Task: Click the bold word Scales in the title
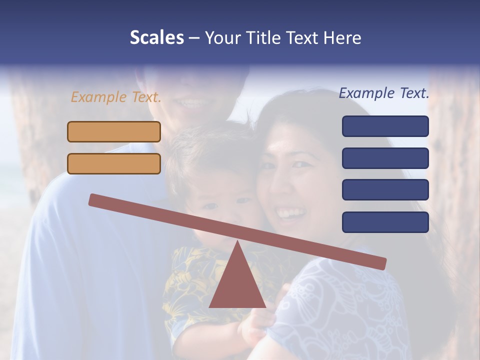[156, 37]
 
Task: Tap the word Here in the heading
[342, 38]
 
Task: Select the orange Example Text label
[116, 97]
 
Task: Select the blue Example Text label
[384, 93]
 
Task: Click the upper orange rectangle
[114, 131]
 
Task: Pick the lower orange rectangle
[114, 163]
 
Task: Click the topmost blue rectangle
[385, 126]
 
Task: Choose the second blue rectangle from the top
[385, 158]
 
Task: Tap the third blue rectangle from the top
[385, 190]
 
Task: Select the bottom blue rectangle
[385, 222]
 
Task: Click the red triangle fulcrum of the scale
[237, 282]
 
